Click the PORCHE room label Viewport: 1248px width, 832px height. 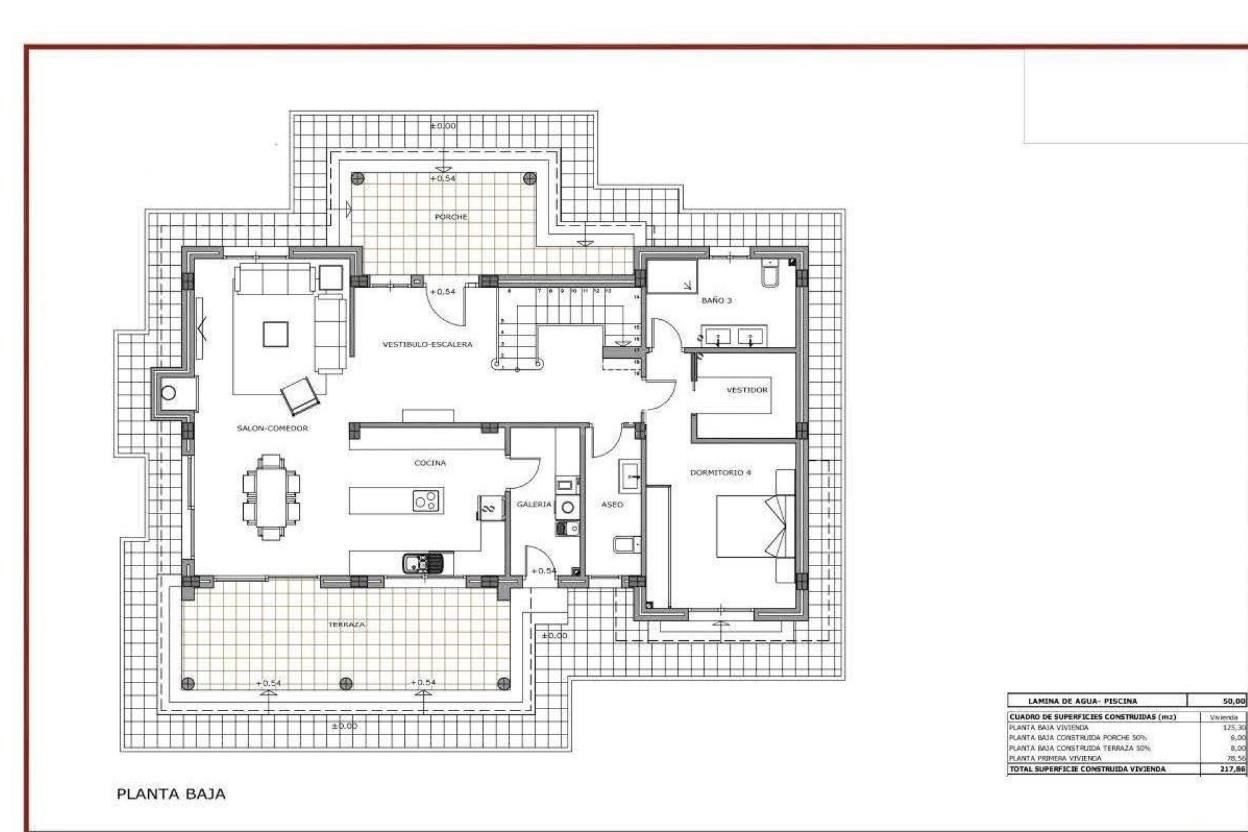450,216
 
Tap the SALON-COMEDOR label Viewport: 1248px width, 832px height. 272,428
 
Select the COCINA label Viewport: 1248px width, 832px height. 430,463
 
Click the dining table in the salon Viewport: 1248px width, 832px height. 271,497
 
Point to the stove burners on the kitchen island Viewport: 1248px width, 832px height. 427,501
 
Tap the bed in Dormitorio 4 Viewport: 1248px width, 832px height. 754,526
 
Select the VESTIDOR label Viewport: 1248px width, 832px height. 747,390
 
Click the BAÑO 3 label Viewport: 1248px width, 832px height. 716,300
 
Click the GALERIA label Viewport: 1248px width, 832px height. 534,504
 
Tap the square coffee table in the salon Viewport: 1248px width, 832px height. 275,334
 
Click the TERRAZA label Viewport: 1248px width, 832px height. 346,624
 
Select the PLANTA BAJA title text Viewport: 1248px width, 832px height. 171,794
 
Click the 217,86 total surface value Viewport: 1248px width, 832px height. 1232,769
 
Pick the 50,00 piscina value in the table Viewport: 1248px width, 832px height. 1233,701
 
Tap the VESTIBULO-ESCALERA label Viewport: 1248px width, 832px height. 427,344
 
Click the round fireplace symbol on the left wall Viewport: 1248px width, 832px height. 168,393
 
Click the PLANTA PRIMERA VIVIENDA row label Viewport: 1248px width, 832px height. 1055,759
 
